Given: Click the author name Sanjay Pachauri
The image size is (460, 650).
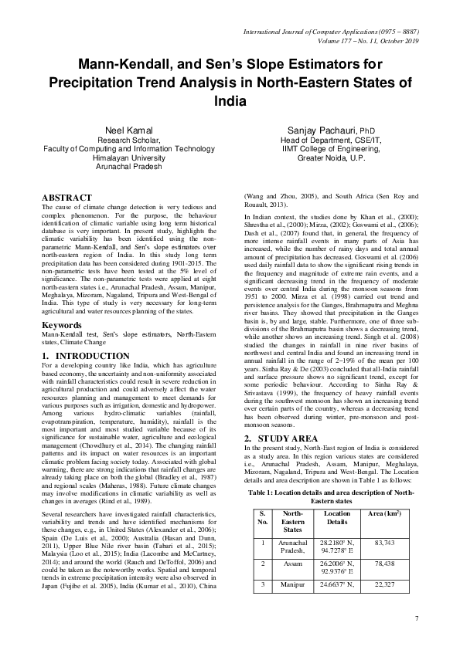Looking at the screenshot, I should [x=326, y=130].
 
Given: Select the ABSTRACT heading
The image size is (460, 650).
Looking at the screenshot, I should [x=66, y=198].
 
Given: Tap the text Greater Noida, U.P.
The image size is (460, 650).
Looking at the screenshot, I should [x=326, y=157].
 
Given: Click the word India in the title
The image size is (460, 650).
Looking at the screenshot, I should [x=230, y=101].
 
